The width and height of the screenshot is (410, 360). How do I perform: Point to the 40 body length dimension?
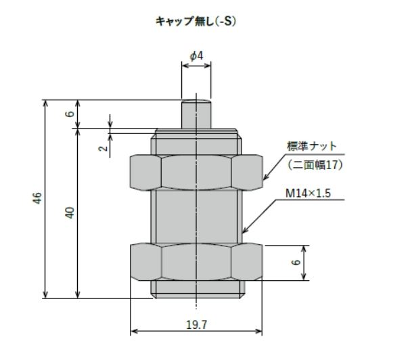[70, 212]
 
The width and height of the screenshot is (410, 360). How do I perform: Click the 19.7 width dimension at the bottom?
[196, 325]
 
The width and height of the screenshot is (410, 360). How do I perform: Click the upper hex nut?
[196, 172]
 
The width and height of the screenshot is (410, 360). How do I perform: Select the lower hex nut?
[196, 262]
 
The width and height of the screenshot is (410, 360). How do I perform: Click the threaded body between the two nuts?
[196, 217]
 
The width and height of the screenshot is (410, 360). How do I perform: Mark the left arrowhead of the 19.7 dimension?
[133, 332]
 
